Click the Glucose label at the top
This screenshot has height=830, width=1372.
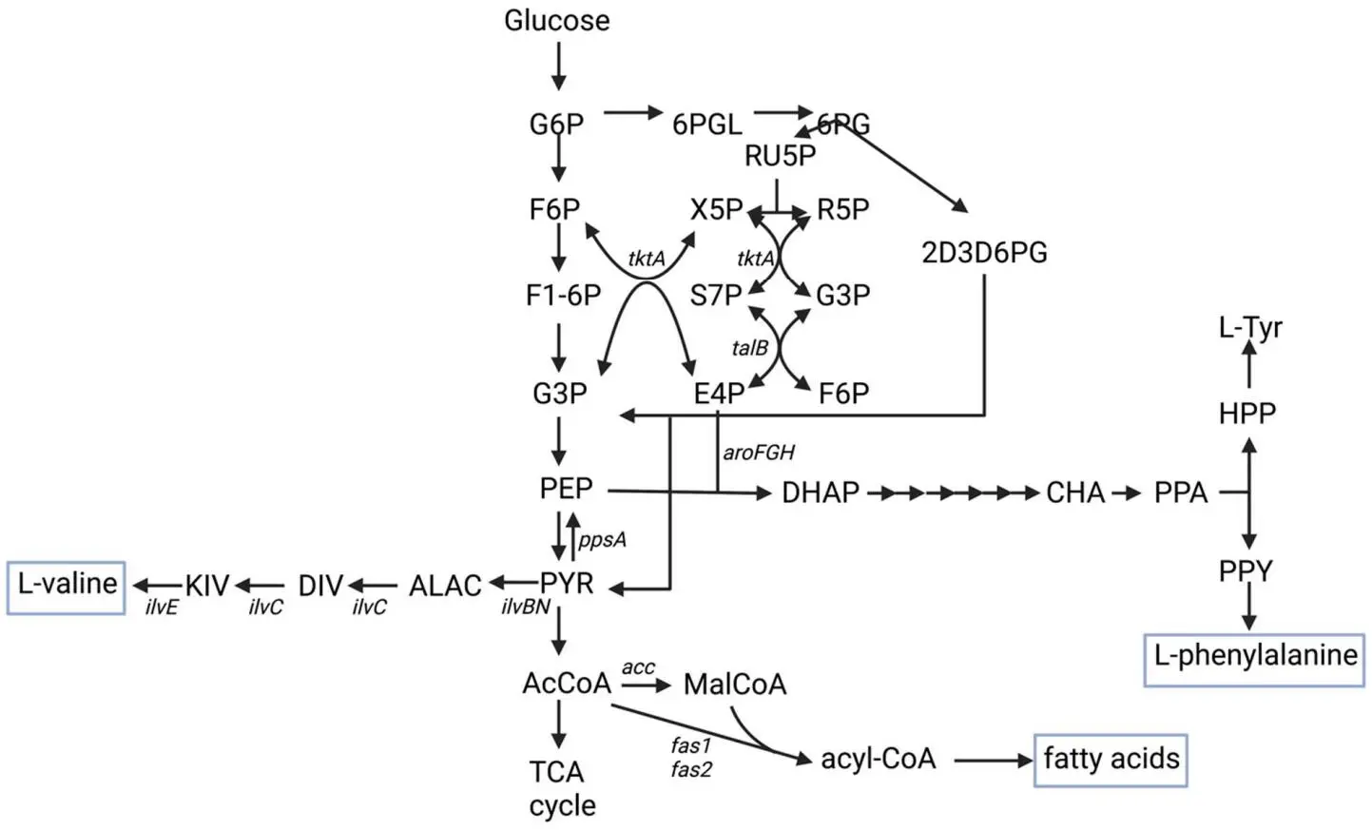[x=556, y=21]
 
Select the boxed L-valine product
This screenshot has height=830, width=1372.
[x=67, y=584]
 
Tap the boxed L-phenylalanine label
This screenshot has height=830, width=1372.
[x=1254, y=656]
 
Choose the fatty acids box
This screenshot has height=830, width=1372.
[x=1111, y=759]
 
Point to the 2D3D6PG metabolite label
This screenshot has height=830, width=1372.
[x=984, y=253]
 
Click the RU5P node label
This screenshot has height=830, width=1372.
[x=780, y=156]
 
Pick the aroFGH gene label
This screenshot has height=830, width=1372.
[x=758, y=453]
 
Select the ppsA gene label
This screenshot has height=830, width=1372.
[x=602, y=540]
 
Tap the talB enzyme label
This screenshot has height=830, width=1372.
[x=749, y=348]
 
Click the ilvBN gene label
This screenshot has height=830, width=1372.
[x=526, y=607]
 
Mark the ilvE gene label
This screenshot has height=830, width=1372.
[x=162, y=607]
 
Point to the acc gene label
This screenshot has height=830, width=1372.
[x=638, y=667]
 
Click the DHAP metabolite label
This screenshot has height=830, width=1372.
[x=820, y=492]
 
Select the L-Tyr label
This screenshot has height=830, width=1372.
[x=1249, y=328]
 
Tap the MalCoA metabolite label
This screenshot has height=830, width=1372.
[x=734, y=685]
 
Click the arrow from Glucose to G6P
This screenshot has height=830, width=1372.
[x=558, y=68]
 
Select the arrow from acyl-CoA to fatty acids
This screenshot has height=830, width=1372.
[x=993, y=760]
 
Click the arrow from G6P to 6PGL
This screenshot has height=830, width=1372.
[x=632, y=113]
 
